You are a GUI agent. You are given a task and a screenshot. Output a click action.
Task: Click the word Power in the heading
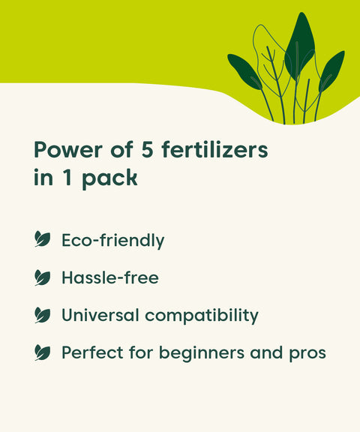66,150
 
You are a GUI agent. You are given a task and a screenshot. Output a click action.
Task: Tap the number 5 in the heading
148,150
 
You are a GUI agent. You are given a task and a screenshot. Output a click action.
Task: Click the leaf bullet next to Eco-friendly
43,240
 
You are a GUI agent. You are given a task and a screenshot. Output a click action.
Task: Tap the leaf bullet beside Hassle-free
43,277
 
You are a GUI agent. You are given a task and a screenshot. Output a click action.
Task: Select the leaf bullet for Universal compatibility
43,315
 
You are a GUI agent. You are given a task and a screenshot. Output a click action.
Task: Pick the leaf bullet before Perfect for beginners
43,352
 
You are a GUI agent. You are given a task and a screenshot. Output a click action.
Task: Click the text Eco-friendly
113,241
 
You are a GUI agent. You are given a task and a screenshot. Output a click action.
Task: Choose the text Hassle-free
110,277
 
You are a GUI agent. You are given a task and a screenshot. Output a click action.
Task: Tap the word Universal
100,315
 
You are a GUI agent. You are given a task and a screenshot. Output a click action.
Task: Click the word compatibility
202,316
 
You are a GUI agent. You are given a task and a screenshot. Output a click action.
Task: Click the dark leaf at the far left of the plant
244,71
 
